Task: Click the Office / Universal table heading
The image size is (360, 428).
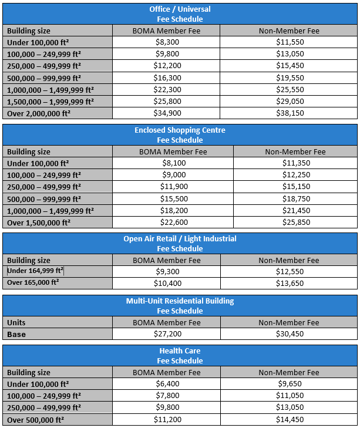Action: coord(180,9)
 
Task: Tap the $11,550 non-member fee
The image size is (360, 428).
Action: coord(289,42)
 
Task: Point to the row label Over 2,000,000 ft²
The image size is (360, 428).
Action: coord(39,113)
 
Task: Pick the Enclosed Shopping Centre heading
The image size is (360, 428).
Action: coord(180,130)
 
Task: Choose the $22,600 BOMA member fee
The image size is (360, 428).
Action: coord(174,223)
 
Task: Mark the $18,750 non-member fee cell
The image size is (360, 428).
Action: coord(295,199)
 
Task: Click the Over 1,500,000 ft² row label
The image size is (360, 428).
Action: coord(39,223)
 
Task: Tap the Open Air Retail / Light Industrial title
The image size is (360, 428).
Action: coord(180,238)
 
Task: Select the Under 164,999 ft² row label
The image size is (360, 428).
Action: coord(35,271)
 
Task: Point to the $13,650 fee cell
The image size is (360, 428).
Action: coord(289,283)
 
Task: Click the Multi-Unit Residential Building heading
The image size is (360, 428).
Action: coord(180,301)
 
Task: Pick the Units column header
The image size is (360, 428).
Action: coord(16,322)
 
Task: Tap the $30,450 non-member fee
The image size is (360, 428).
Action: coord(289,334)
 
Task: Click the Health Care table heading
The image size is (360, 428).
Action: coord(180,351)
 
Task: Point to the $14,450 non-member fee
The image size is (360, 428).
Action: coord(289,419)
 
